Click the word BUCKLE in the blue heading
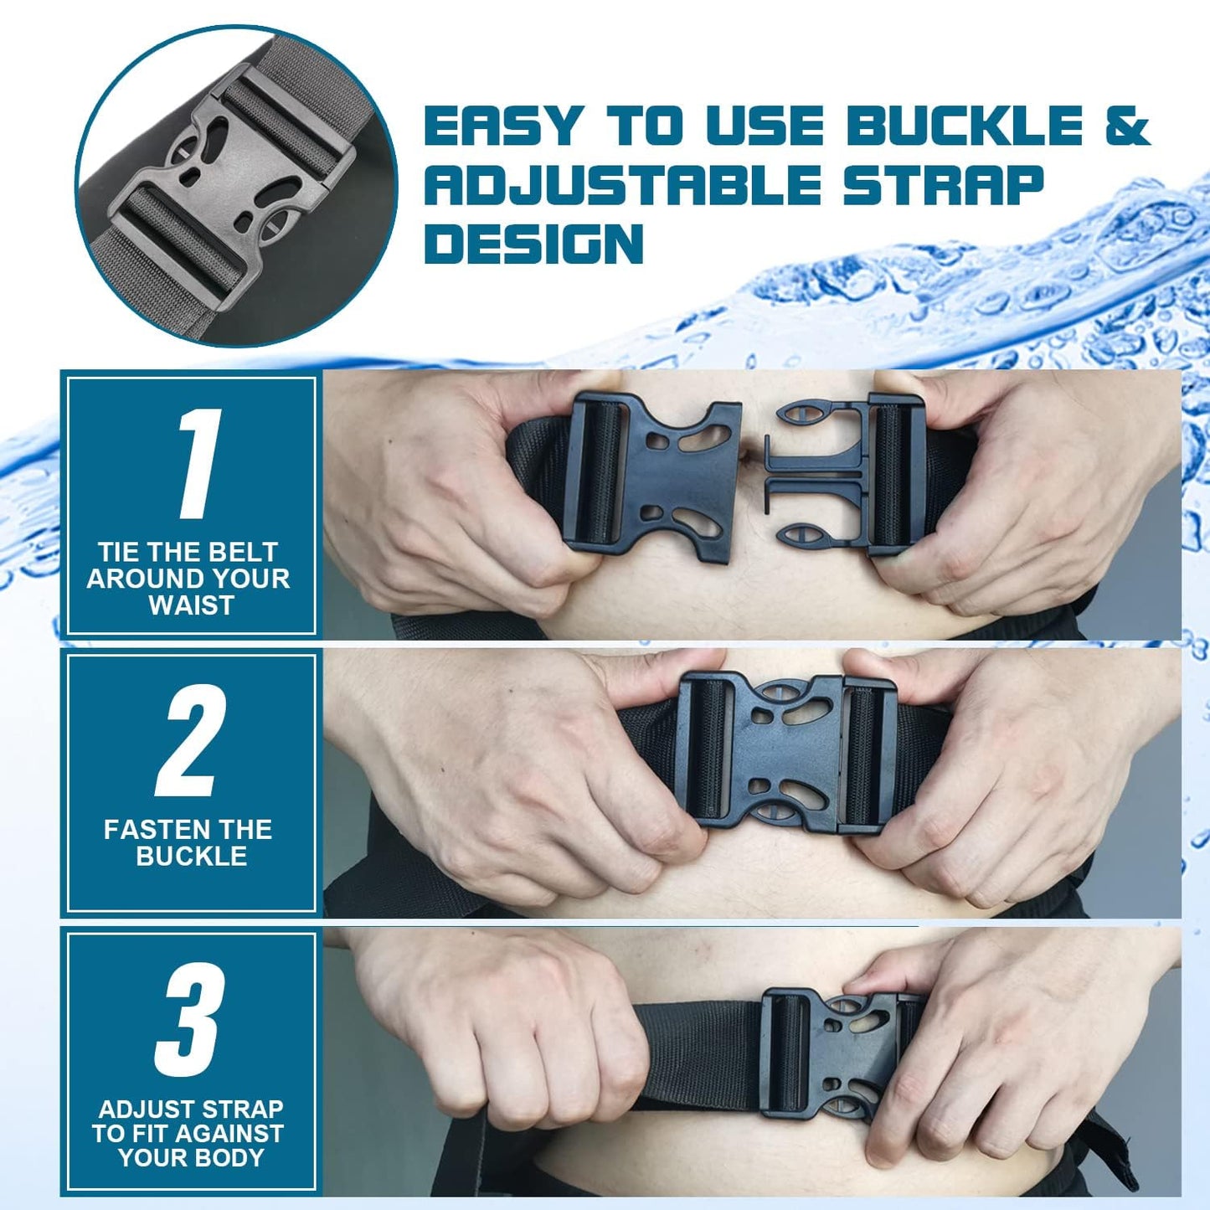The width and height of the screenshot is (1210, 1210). (964, 126)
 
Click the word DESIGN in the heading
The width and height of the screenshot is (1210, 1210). (534, 244)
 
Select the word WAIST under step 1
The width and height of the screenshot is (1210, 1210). (191, 605)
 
